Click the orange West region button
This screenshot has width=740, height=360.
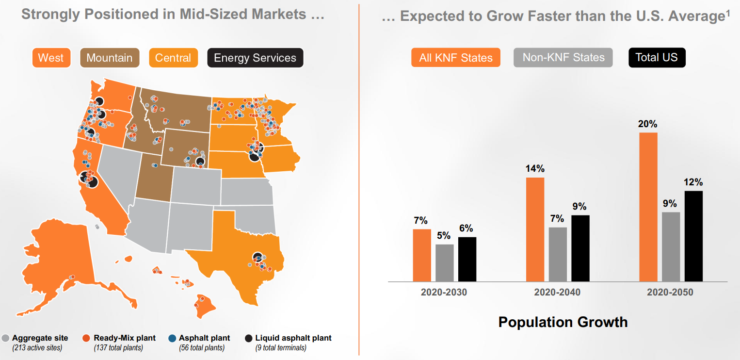tap(51, 58)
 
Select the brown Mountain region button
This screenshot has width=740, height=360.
tap(110, 58)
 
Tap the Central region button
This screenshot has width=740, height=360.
tap(173, 58)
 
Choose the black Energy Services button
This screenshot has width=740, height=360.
tap(255, 58)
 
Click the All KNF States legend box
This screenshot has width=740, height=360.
tap(455, 58)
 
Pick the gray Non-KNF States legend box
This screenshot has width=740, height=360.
tap(563, 58)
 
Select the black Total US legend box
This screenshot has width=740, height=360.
tap(657, 58)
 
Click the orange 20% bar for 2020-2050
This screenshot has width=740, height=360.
tap(648, 207)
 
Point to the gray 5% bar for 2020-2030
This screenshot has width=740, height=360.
tap(444, 263)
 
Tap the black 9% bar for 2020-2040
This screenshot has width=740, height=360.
tap(580, 248)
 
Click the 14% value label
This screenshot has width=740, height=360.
tap(535, 168)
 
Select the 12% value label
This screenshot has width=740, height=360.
tap(693, 182)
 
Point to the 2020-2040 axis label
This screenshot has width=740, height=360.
tap(557, 292)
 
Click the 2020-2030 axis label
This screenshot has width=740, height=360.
tap(444, 292)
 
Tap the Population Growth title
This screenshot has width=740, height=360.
tap(563, 322)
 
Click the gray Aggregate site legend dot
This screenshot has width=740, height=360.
tap(5, 338)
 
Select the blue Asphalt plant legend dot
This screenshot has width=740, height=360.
tap(172, 338)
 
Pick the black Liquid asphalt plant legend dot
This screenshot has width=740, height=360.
tap(248, 338)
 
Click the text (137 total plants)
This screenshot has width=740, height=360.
tap(118, 348)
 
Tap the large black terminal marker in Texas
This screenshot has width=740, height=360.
tap(257, 257)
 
